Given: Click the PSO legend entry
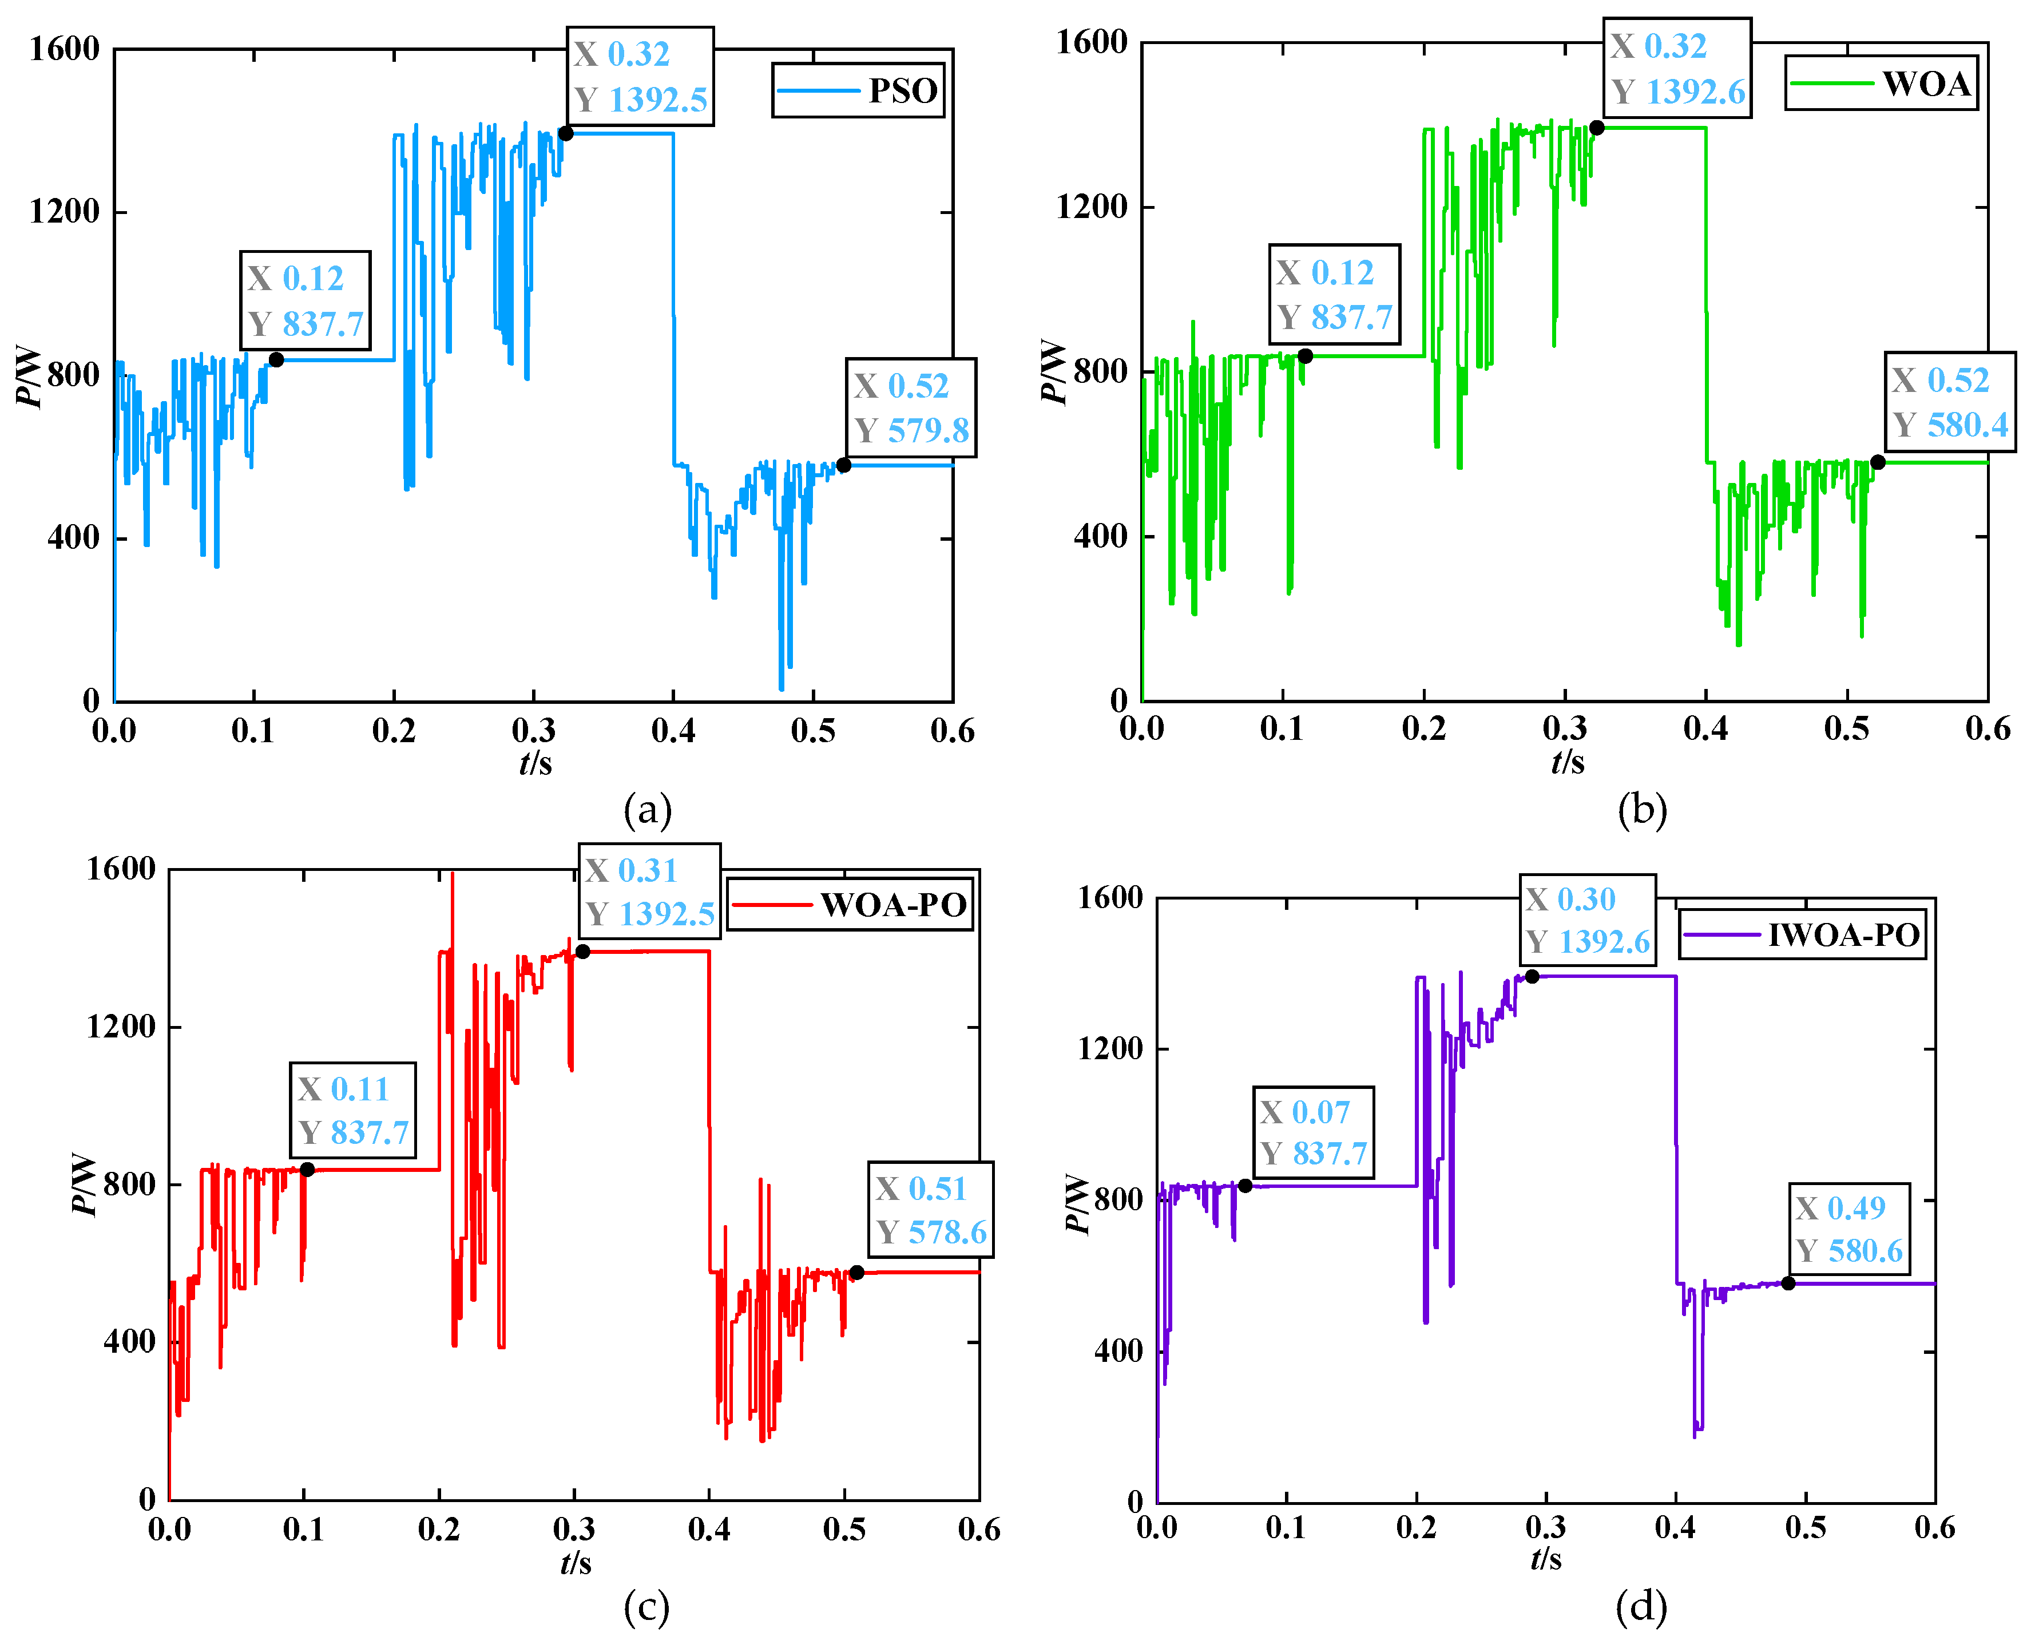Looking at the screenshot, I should click(858, 91).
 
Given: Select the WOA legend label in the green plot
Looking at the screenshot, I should click(1882, 84).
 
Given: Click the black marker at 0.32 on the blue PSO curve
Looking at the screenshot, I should click(566, 133).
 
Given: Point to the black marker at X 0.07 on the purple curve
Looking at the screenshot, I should click(1245, 1186).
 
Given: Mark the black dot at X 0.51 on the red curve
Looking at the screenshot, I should click(857, 1272).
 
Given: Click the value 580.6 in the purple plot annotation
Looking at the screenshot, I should click(1865, 1251).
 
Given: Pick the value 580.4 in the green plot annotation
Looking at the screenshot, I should click(1967, 425).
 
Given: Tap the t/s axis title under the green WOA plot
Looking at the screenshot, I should click(1568, 762).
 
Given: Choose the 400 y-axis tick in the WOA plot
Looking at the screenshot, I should click(1101, 536).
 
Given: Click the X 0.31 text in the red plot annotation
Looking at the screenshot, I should click(631, 870).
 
